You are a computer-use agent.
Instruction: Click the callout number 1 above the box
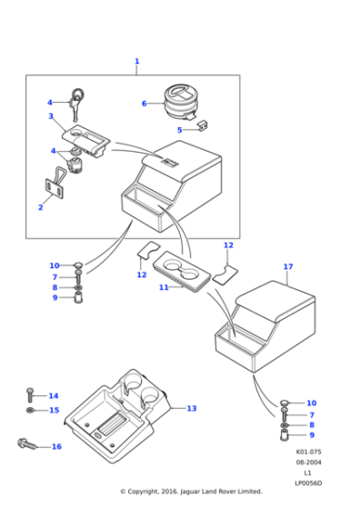137,61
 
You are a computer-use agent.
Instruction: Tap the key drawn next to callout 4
78,104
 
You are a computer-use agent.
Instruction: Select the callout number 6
145,104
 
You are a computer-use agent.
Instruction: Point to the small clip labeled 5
203,125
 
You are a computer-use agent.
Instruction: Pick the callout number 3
51,116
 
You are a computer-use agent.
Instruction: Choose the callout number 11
164,287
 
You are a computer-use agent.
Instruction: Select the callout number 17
288,266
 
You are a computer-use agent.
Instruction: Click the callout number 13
192,408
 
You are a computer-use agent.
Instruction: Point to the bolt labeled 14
30,394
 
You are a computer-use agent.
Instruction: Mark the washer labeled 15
30,411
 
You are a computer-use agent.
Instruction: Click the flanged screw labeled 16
27,444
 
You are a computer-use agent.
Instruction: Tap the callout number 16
56,446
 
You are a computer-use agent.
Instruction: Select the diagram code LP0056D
308,483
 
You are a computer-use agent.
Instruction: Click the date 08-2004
308,463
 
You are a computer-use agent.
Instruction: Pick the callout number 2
41,207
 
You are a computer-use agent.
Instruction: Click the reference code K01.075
308,452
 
